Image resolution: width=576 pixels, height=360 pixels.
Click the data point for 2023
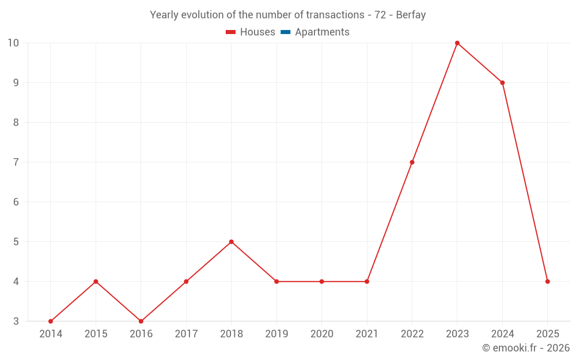457,43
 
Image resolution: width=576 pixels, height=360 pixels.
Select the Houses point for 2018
231,242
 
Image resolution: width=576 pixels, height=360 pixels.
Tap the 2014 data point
51,321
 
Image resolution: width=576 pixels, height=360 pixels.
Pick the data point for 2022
412,162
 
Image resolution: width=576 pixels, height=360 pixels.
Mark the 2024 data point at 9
502,82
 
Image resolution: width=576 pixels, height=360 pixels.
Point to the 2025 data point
547,282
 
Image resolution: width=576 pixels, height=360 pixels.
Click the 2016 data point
141,321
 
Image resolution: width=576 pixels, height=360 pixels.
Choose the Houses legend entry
250,32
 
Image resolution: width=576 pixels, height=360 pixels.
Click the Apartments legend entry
315,32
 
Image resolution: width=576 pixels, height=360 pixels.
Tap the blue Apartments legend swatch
286,32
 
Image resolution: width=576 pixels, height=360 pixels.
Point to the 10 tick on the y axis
13,43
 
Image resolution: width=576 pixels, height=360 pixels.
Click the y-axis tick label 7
16,162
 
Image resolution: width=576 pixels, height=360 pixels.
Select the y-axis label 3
16,321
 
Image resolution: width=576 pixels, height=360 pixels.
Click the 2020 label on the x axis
322,334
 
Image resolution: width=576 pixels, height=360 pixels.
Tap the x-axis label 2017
186,334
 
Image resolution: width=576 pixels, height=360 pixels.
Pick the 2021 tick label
367,334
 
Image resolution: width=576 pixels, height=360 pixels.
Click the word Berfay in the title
411,15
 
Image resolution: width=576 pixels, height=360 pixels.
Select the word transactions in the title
335,15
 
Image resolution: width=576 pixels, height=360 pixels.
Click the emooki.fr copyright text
526,347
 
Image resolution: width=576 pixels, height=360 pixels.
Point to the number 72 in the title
380,15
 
